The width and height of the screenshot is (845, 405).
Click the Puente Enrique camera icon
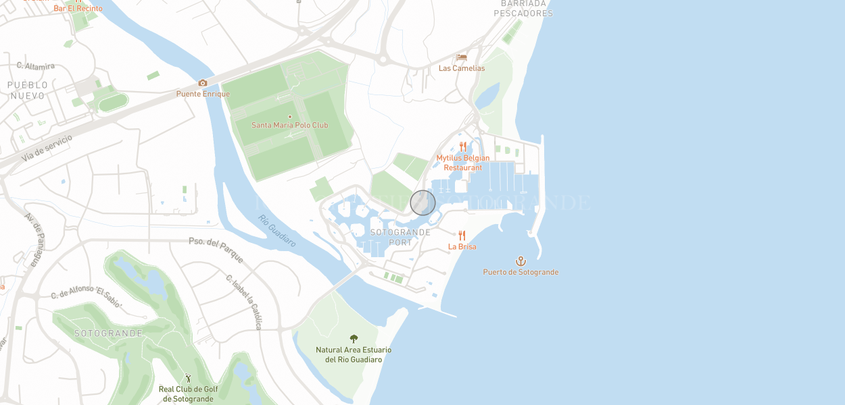202,83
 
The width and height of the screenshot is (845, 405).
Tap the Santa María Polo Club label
289,125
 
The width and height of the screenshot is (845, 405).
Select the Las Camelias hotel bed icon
462,57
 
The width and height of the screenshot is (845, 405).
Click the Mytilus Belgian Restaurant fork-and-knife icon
463,146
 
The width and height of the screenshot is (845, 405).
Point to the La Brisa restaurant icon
462,236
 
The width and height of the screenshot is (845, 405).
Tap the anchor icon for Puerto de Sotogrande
521,261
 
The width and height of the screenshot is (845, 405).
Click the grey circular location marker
423,202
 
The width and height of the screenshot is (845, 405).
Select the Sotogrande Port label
400,237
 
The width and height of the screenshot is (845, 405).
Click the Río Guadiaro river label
277,230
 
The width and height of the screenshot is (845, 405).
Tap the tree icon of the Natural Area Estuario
354,338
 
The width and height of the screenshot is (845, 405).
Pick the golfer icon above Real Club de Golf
189,378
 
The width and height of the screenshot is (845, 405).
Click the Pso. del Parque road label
216,250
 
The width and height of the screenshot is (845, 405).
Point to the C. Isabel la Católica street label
243,302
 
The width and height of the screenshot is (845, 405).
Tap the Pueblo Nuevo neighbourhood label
28,90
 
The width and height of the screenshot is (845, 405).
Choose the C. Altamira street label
35,65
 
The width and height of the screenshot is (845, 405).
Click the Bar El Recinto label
78,8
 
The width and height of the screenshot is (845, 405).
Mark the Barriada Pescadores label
523,8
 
